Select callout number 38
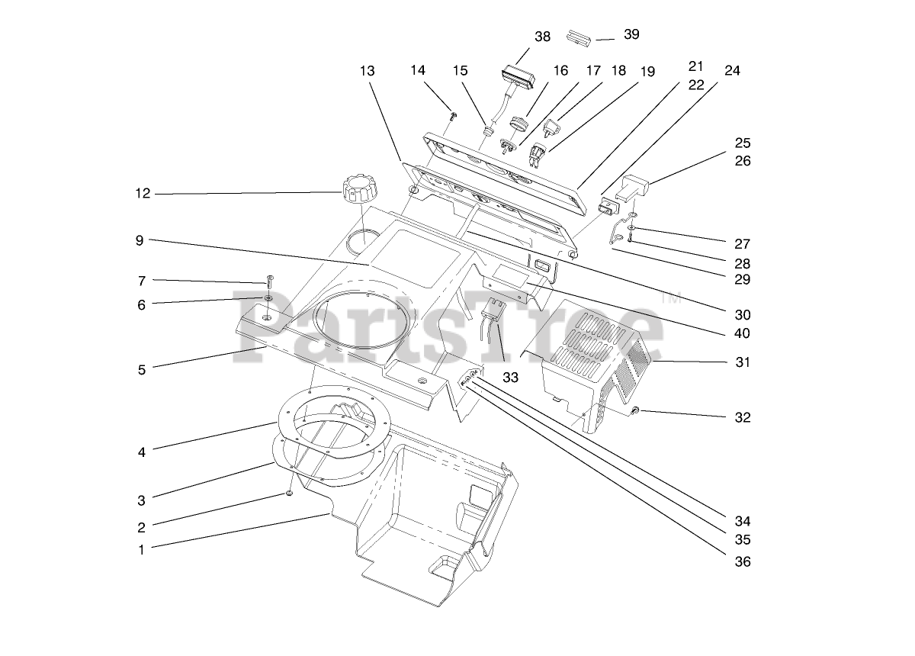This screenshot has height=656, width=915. coord(542,36)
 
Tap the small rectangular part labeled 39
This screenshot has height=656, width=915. coord(579,37)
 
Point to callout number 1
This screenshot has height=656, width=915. coord(141,549)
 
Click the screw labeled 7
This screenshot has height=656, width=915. coord(269,279)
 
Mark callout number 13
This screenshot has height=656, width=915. coord(367,71)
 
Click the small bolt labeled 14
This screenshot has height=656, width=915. coord(454,116)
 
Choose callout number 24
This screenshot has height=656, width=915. coord(732,71)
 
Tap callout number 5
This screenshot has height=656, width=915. coord(141,371)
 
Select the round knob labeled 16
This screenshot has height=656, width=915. coord(518,124)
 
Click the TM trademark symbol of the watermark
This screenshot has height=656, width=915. coord(672,298)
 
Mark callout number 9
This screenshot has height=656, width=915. coord(140,241)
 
